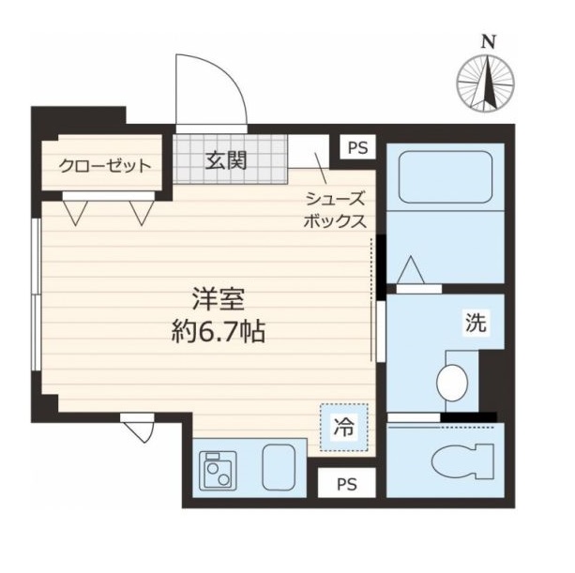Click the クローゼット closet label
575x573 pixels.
(x=105, y=168)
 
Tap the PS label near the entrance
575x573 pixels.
(x=357, y=147)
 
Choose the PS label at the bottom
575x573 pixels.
(x=347, y=484)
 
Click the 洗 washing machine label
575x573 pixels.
(x=476, y=324)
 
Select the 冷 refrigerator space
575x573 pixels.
(x=345, y=428)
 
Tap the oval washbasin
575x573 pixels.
(x=453, y=381)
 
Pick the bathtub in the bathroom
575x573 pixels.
(x=446, y=178)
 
